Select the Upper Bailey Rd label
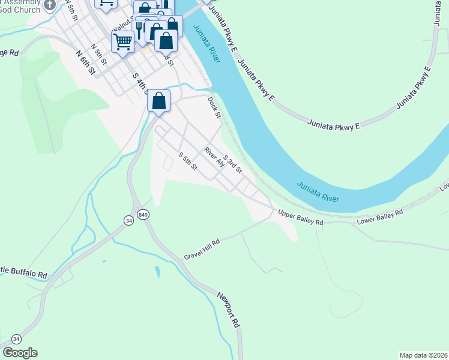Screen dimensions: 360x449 301,218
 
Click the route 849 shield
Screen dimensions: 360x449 143,215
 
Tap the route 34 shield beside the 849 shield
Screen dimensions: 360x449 128,221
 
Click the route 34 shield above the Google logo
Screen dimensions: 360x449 16,339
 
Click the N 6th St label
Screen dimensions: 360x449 86,62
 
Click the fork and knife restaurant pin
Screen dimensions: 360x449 140,28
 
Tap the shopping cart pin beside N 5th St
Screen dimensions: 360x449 122,42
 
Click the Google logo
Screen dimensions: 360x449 20,353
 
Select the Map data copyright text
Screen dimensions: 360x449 423,355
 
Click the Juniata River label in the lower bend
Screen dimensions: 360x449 318,191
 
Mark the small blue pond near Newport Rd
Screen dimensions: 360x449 157,272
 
